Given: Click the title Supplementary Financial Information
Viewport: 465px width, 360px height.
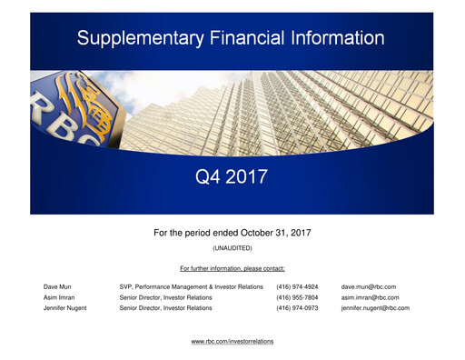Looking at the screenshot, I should click(x=231, y=38).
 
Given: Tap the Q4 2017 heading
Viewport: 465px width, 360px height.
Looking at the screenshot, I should click(x=232, y=176).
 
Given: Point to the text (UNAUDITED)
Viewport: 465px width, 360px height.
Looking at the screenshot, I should click(x=232, y=248).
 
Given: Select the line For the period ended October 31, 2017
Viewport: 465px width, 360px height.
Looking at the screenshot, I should click(x=232, y=234).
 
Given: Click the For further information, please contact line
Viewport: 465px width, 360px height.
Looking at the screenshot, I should click(x=232, y=268).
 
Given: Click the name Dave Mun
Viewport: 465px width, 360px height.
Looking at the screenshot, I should click(x=59, y=286).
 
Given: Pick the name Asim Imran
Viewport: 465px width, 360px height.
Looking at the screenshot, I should click(x=61, y=297).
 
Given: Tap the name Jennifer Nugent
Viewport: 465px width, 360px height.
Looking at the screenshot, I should click(x=65, y=308).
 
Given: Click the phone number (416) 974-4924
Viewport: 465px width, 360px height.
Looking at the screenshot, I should click(x=297, y=286).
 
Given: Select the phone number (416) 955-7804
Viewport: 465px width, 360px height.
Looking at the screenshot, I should click(x=297, y=297).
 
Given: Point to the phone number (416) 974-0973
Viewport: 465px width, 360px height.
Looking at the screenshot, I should click(x=297, y=308).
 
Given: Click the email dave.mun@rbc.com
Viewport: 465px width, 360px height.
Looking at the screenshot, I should click(x=368, y=286).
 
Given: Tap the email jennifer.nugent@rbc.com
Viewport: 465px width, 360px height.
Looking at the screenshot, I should click(x=375, y=308).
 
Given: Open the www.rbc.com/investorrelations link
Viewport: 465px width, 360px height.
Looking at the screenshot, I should click(x=232, y=341).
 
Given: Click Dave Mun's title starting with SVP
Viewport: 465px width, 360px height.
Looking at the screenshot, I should click(x=191, y=286).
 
